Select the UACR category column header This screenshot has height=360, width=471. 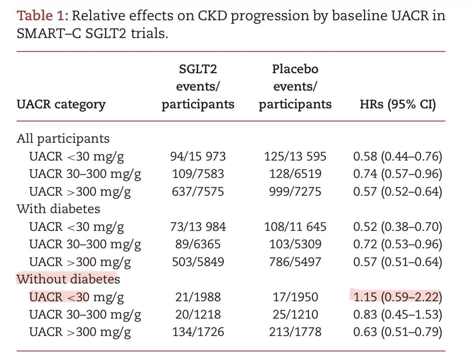point(61,105)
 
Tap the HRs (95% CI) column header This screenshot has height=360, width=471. point(398,104)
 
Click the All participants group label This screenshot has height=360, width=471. point(63,139)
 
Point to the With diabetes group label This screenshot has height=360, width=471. point(58,209)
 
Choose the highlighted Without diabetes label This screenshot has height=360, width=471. point(68,279)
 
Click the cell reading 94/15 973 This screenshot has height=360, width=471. point(198,156)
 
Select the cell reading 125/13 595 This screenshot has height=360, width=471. point(295,156)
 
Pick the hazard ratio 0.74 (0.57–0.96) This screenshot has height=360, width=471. point(398,174)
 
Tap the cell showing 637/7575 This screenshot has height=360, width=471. point(198,192)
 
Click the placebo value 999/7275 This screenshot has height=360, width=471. point(295,192)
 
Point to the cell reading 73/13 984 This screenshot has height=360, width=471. point(198,227)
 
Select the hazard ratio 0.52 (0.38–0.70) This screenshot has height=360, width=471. point(398,227)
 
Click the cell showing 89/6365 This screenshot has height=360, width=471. point(198,244)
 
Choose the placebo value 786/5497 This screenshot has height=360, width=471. point(295,262)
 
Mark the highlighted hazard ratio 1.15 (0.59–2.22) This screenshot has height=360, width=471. point(398,297)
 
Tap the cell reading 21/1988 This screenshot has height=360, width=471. point(198,297)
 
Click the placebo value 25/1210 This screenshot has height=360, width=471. point(295,315)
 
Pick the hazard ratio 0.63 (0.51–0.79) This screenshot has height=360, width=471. point(398,332)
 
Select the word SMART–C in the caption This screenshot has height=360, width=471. point(49,33)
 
